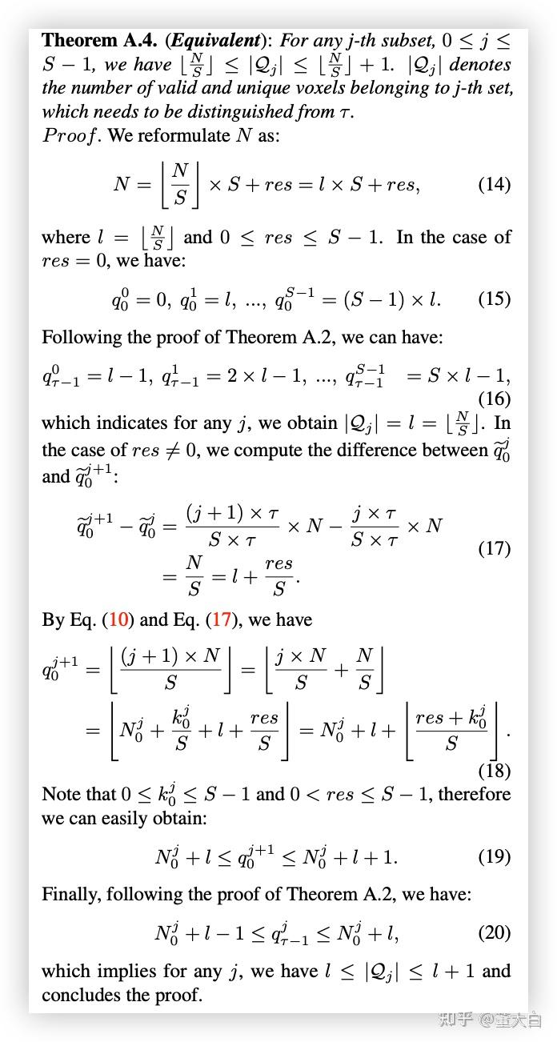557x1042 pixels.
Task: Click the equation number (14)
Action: click(494, 185)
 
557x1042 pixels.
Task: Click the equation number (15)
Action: click(494, 299)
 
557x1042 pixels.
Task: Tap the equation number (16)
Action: click(494, 399)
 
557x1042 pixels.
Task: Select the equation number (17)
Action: click(494, 548)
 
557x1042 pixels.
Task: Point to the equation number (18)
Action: click(494, 771)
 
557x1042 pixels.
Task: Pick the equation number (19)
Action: click(494, 857)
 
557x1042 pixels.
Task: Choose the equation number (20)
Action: click(494, 932)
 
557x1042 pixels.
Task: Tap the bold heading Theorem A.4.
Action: click(99, 40)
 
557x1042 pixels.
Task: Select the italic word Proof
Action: click(70, 135)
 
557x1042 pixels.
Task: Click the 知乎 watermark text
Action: click(455, 1020)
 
